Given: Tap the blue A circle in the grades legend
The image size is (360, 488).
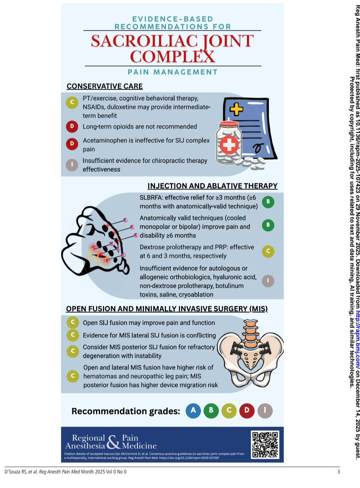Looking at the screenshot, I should [x=193, y=410].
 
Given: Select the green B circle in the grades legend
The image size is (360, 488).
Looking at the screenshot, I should [x=211, y=410].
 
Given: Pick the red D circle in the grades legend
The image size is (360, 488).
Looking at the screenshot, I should [x=247, y=410].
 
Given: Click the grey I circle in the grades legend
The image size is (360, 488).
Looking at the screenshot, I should [x=265, y=410].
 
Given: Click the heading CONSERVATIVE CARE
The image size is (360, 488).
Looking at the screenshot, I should [x=105, y=86].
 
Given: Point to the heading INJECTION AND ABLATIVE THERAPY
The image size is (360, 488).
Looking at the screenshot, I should [x=212, y=186].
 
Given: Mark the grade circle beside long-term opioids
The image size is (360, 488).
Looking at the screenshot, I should [x=72, y=126].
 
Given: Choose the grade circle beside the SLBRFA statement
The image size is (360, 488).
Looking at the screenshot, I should [x=268, y=202].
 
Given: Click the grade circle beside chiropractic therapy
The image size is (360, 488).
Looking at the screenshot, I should [x=72, y=165].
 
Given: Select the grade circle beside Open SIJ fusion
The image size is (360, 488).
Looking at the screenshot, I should [x=72, y=322].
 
